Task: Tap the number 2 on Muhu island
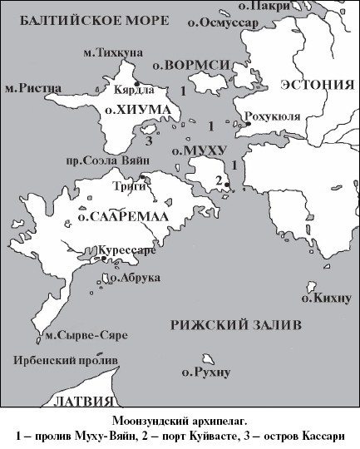[x=218, y=180]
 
